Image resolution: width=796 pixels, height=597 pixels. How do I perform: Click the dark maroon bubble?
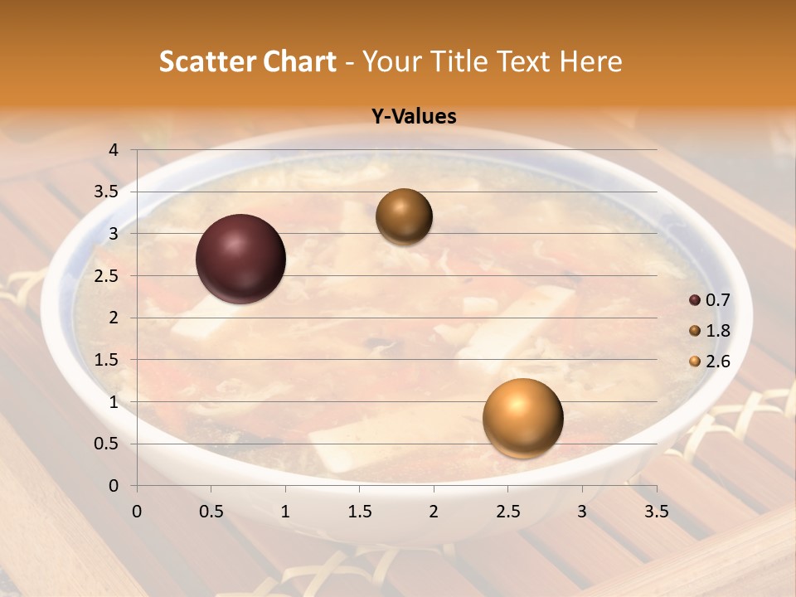pyautogui.click(x=240, y=259)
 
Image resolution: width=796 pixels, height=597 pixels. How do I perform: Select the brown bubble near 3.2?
pyautogui.click(x=404, y=216)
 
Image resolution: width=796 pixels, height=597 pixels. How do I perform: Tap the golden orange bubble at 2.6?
pyautogui.click(x=522, y=418)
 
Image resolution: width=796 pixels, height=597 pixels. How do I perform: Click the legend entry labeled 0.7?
pyautogui.click(x=717, y=300)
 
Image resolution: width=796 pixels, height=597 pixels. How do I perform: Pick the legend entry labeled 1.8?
pyautogui.click(x=717, y=331)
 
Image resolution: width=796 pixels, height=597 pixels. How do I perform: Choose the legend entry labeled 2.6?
pyautogui.click(x=717, y=361)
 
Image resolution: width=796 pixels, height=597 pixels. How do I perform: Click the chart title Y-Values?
pyautogui.click(x=414, y=117)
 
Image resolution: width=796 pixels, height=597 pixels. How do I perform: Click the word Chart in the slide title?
pyautogui.click(x=299, y=61)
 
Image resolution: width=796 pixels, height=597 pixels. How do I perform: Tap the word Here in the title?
pyautogui.click(x=590, y=61)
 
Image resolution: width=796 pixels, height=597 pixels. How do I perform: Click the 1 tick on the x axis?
pyautogui.click(x=285, y=512)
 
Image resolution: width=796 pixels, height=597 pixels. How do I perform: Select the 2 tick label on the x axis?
pyautogui.click(x=434, y=512)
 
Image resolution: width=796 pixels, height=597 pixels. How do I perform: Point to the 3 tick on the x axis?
pyautogui.click(x=582, y=512)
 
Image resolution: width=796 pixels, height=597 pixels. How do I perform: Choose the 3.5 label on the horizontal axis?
pyautogui.click(x=656, y=512)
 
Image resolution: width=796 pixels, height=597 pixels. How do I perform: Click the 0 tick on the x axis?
pyautogui.click(x=137, y=512)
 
